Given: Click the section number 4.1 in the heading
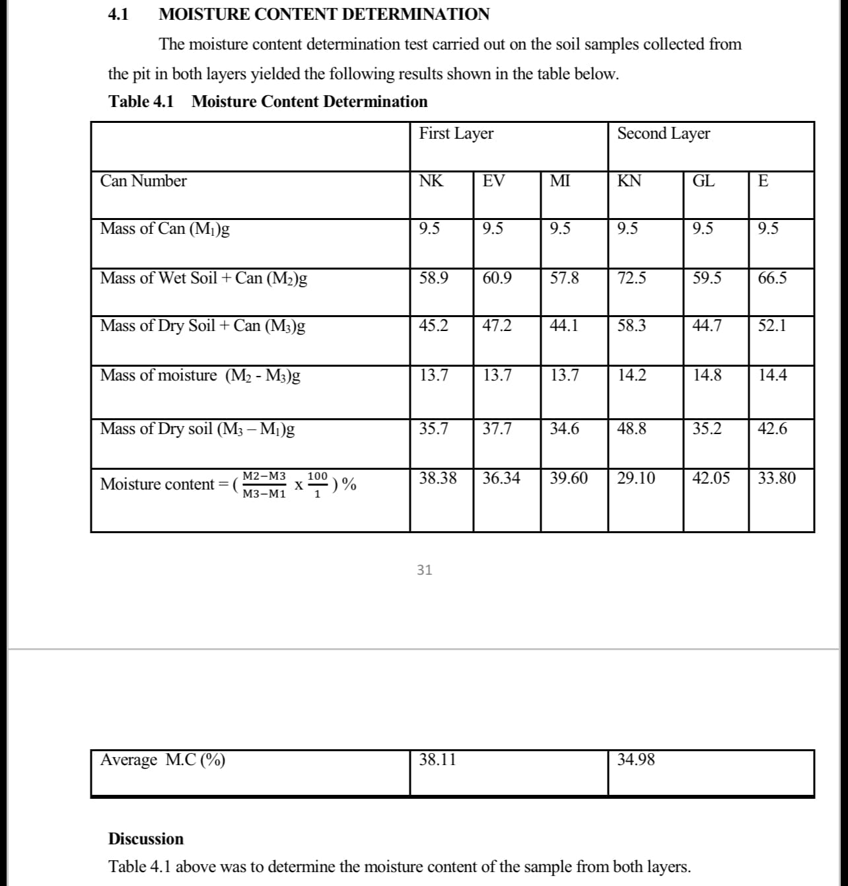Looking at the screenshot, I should [x=118, y=15].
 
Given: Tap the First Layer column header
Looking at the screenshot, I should [x=456, y=133].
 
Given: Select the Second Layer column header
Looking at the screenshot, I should [x=663, y=133].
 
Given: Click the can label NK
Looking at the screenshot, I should [x=431, y=181].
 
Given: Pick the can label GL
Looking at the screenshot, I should [x=703, y=181].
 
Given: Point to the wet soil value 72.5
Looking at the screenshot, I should [x=631, y=278].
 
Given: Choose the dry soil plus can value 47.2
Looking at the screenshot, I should [x=497, y=326].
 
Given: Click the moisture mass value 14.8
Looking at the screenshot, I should [x=707, y=375].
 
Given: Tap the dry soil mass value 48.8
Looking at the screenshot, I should [x=631, y=429].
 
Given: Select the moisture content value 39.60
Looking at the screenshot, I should [x=569, y=478].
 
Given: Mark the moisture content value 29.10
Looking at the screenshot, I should [x=636, y=478].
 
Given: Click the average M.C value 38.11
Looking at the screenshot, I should [x=437, y=760].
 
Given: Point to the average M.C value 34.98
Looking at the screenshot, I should [x=636, y=760].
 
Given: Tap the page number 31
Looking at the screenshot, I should [x=425, y=570].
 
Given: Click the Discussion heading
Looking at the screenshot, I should [x=146, y=839].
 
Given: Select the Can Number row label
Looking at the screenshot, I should [x=143, y=181].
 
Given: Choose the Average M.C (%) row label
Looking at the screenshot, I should [x=162, y=760].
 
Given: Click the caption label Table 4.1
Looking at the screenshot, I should [x=141, y=102].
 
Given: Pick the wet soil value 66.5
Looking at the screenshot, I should [x=772, y=278].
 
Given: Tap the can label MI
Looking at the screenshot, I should [x=560, y=181].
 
